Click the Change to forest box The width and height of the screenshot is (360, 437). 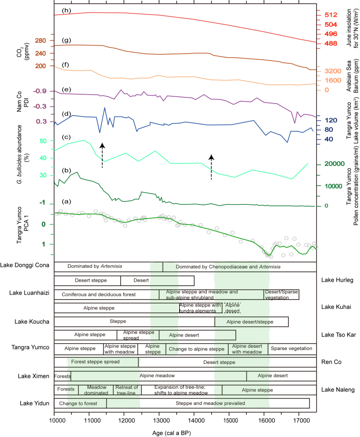click(x=80, y=403)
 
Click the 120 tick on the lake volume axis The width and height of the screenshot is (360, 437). click(x=330, y=120)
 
